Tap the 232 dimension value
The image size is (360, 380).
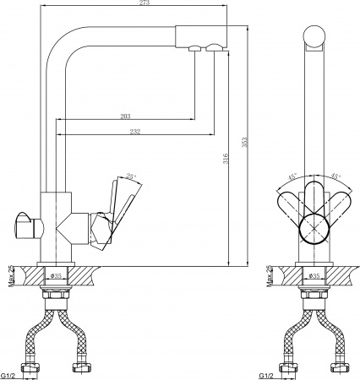[x=136, y=132]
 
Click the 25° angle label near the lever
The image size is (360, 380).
[x=130, y=177]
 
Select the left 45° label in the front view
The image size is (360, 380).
[x=292, y=178]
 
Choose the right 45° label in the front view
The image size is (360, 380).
[x=335, y=178]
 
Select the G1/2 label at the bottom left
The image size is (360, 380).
[x=11, y=375]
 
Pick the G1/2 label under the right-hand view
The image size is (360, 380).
[x=269, y=375]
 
